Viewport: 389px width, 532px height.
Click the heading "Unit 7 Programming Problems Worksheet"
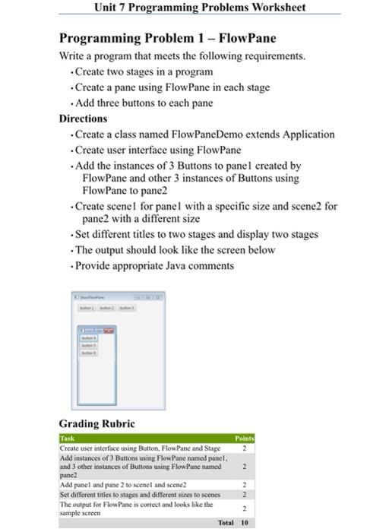(199, 8)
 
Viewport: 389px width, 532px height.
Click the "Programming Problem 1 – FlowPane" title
(167, 38)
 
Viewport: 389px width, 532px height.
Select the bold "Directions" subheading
(84, 119)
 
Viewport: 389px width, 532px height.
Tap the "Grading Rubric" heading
(98, 423)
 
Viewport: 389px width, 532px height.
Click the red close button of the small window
(109, 331)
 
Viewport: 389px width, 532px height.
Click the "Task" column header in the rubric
(67, 439)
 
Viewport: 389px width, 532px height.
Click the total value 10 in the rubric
(245, 523)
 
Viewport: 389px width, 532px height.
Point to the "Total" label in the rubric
(226, 523)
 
